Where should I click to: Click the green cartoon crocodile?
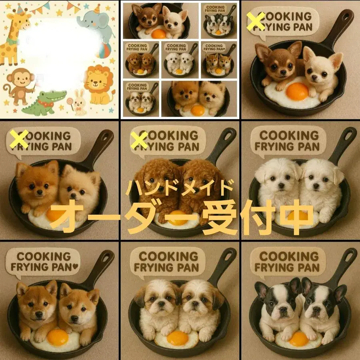tap(40, 102)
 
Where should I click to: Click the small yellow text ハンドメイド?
tap(180, 187)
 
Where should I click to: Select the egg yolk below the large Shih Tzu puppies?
tap(177, 338)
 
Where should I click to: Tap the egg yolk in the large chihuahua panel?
tap(297, 91)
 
